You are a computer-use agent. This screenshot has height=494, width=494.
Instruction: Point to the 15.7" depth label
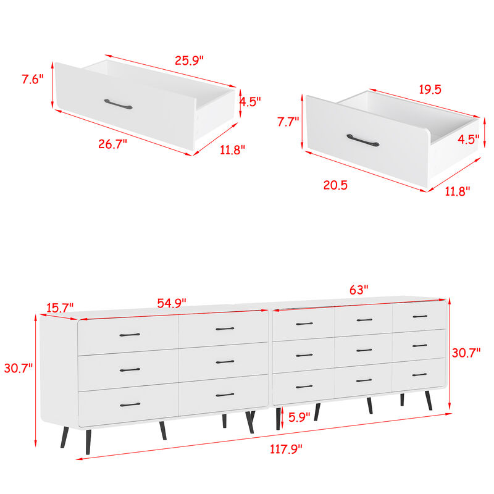tap(59, 306)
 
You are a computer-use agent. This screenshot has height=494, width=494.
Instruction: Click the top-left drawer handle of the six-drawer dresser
tap(130, 335)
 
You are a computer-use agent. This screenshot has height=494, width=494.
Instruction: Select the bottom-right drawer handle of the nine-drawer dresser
tap(419, 375)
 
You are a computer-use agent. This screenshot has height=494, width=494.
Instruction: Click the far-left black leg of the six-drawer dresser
tap(64, 437)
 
